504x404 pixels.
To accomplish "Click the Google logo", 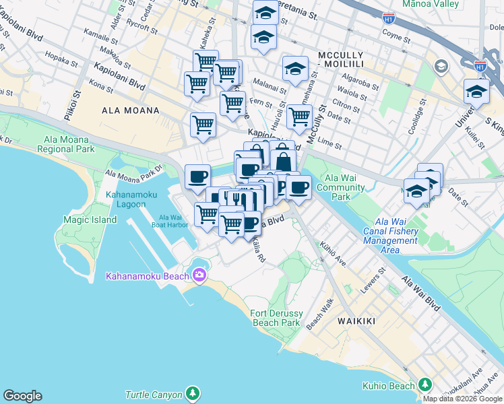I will click(x=22, y=396).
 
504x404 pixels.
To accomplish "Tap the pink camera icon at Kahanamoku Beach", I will click(x=199, y=275).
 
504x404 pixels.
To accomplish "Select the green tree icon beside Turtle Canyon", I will click(x=193, y=393).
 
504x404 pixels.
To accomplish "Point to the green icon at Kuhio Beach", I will click(x=425, y=384).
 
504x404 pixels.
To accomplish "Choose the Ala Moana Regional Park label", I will click(x=69, y=144).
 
